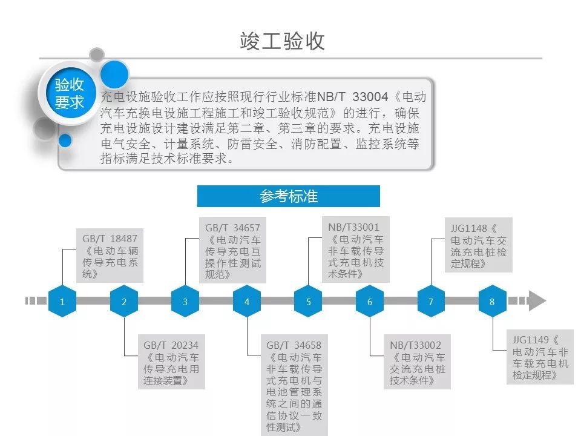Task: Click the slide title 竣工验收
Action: tap(283, 41)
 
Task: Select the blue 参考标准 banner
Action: tap(289, 196)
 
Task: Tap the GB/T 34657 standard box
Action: tap(233, 251)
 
